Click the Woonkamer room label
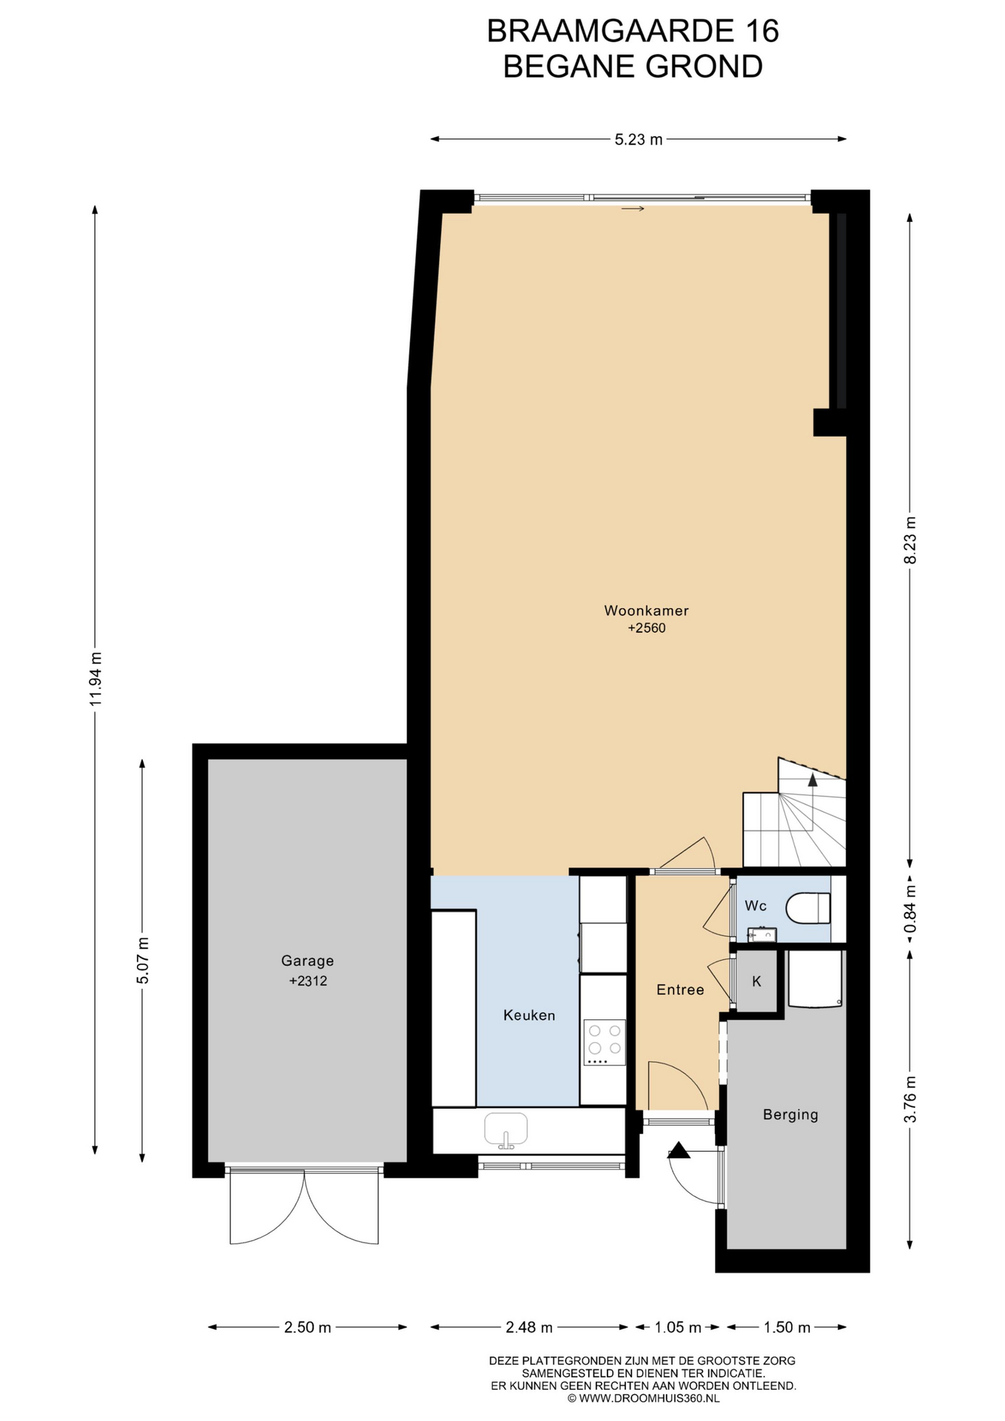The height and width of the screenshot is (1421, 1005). tap(646, 611)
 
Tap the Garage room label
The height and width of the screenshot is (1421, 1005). tap(307, 961)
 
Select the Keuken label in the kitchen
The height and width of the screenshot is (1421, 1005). tap(529, 1015)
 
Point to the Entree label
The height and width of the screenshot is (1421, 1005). tap(680, 990)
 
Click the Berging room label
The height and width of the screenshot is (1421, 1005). tap(790, 1115)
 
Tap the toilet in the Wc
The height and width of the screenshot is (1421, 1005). tap(808, 908)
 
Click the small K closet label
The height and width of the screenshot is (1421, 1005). tap(756, 981)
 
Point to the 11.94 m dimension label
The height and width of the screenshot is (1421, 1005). tap(95, 679)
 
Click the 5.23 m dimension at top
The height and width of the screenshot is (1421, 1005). tap(639, 139)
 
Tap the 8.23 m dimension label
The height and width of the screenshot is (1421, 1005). tap(910, 540)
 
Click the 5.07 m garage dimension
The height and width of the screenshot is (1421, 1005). tap(143, 960)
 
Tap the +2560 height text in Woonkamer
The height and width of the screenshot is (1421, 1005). tap(647, 628)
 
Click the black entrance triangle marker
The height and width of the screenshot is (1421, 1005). tap(679, 1151)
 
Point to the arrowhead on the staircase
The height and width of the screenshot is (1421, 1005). tap(813, 779)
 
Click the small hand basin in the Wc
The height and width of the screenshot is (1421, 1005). tap(762, 934)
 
